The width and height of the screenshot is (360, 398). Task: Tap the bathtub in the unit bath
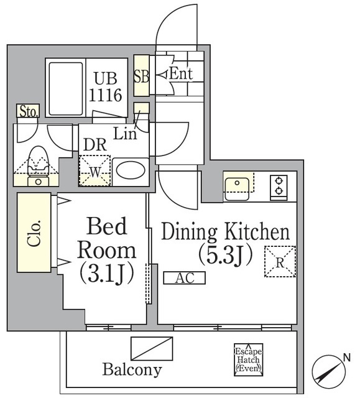click(x=65, y=88)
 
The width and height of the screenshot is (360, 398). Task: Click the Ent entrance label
click(x=181, y=74)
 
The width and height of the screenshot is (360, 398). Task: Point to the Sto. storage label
click(x=28, y=112)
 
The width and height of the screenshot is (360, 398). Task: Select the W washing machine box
click(x=94, y=170)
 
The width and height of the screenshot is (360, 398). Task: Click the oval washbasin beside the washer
click(x=129, y=170)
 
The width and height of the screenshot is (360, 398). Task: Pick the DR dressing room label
click(x=94, y=144)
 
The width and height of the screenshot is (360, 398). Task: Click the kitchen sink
click(x=238, y=186)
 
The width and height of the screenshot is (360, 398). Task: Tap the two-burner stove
click(x=279, y=185)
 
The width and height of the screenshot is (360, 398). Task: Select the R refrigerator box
click(x=280, y=261)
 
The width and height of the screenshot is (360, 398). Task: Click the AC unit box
click(x=184, y=278)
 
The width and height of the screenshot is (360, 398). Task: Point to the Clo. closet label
click(x=34, y=233)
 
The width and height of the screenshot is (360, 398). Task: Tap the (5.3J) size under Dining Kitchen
click(x=225, y=255)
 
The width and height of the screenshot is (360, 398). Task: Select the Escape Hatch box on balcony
click(x=248, y=359)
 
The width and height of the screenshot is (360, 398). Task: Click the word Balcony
click(x=132, y=370)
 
